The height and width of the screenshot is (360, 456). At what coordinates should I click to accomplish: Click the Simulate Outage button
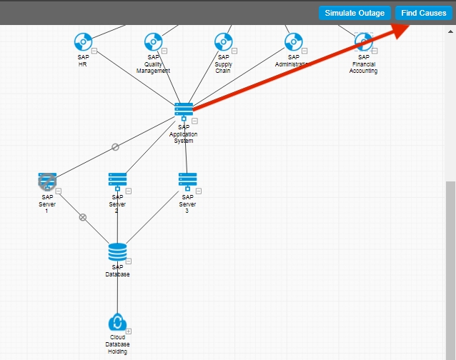[x=355, y=13]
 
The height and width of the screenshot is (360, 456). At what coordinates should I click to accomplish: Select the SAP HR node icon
[x=83, y=42]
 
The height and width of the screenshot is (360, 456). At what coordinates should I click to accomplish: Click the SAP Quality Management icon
[x=153, y=42]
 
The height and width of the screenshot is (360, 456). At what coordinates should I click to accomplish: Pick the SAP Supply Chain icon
[x=223, y=42]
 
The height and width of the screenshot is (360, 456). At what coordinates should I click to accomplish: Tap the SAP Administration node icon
[x=293, y=42]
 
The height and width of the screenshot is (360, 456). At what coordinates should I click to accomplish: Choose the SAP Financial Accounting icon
[x=363, y=42]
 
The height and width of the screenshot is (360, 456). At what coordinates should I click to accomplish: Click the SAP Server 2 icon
[x=117, y=180]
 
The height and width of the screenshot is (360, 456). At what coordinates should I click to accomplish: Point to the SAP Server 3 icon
[x=187, y=180]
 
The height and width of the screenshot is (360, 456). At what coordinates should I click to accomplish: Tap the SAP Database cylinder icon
[x=117, y=251]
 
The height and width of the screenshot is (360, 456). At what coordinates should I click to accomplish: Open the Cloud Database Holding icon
[x=117, y=323]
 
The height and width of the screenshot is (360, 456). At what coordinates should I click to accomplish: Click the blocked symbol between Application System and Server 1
[x=115, y=147]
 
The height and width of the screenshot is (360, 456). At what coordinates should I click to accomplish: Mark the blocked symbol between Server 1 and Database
[x=83, y=217]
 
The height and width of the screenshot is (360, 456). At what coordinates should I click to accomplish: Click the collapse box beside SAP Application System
[x=194, y=121]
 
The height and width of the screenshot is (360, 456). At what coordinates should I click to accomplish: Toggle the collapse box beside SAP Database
[x=129, y=261]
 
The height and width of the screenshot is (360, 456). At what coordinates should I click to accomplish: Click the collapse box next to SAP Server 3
[x=199, y=191]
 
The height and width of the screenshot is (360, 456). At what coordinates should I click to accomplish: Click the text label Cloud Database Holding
[x=117, y=344]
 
